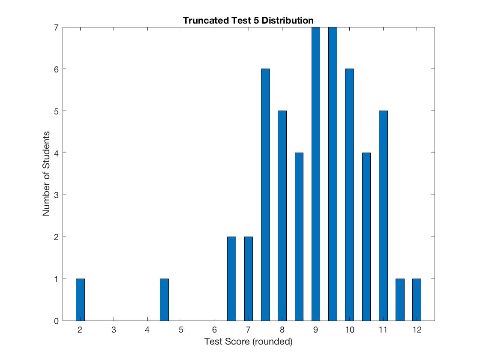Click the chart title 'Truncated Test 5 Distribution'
pos(248,20)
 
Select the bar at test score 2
pos(80,300)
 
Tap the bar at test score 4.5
pos(164,300)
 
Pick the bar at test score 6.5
pos(231,279)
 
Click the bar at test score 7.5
pos(265,195)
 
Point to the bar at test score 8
pos(282,216)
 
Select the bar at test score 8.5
pos(299,237)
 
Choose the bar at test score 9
pos(316,174)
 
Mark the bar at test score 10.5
pos(366,237)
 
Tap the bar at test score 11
pos(383,216)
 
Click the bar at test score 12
pos(417,300)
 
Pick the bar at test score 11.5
pos(400,300)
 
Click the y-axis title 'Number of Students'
pos(46,174)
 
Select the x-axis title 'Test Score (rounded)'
pos(248,342)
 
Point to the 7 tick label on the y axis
pos(56,27)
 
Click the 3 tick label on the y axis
pos(56,195)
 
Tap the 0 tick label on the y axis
pos(56,321)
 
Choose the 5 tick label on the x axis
pos(181,330)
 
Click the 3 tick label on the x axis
pos(114,330)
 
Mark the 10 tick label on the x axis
pos(349,330)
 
